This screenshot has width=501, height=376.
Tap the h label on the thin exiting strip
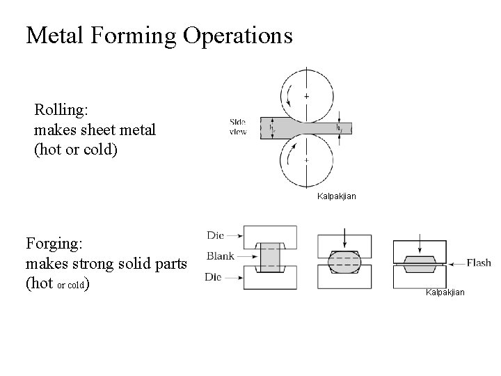(339, 128)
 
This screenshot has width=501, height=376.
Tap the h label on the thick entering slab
(271, 128)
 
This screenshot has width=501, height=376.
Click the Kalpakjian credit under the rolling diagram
(336, 196)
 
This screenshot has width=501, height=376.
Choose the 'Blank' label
(221, 256)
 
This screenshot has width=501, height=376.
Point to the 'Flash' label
(479, 263)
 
